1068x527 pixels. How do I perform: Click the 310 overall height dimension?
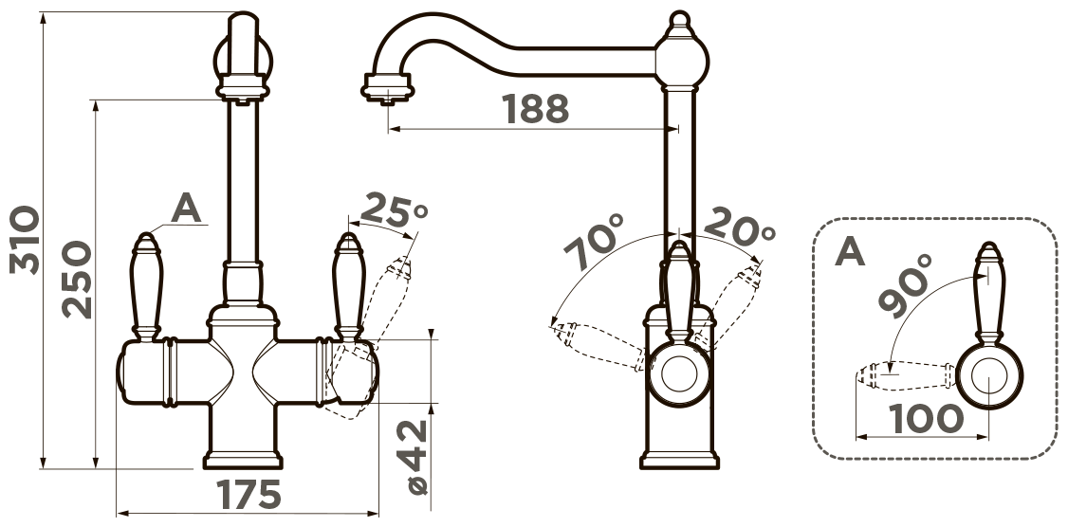pyautogui.click(x=25, y=240)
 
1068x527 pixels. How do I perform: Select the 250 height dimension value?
pyautogui.click(x=76, y=280)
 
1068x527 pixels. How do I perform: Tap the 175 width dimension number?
pyautogui.click(x=249, y=495)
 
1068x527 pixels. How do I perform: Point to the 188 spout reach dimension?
pyautogui.click(x=535, y=109)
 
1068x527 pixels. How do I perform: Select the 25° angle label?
pyautogui.click(x=394, y=211)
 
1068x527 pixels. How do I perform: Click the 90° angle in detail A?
pyautogui.click(x=905, y=285)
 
